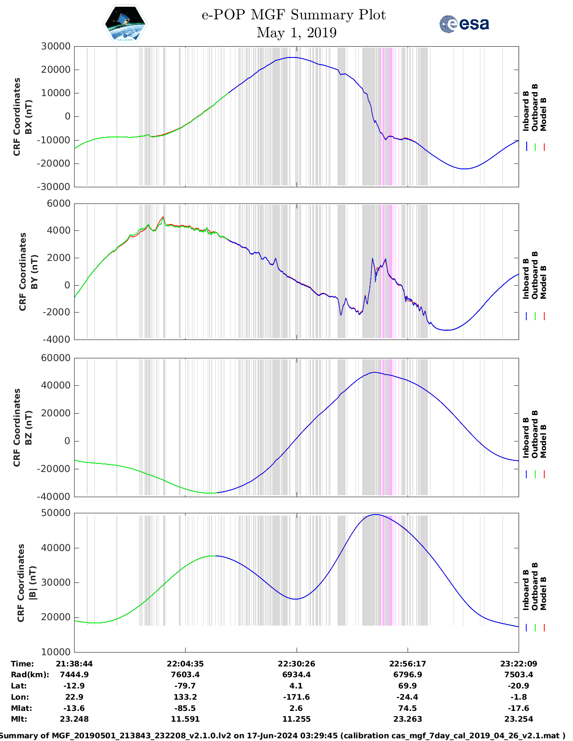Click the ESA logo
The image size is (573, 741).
click(464, 24)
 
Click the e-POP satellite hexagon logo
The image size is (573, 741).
click(125, 24)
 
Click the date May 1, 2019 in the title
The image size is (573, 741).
click(296, 33)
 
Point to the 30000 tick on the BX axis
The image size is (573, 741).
click(56, 46)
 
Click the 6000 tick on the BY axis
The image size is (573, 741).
click(59, 203)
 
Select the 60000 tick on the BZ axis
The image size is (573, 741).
click(56, 358)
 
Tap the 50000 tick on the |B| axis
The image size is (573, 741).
click(56, 513)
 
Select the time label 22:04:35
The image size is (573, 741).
click(185, 664)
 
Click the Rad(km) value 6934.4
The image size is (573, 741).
click(296, 675)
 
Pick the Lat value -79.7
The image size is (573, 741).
click(185, 686)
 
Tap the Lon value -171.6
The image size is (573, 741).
click(296, 697)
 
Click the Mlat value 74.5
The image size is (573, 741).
click(408, 708)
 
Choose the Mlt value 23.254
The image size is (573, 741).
click(519, 719)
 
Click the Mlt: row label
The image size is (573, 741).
click(19, 719)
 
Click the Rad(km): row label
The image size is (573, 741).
click(30, 675)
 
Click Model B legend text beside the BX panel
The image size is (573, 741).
click(543, 115)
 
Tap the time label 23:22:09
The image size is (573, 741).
click(519, 664)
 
